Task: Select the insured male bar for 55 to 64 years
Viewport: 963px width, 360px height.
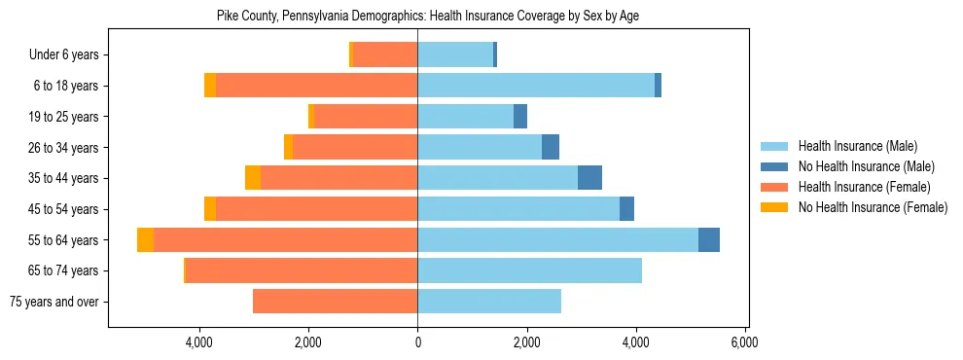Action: tap(557, 239)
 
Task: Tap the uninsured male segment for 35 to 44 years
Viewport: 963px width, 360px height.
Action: tap(589, 178)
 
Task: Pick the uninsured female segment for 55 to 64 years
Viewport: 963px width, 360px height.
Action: tap(145, 239)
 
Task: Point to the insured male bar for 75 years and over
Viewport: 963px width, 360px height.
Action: tap(489, 302)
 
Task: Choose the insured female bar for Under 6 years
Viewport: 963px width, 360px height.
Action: tap(385, 54)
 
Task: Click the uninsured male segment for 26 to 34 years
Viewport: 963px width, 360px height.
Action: tap(551, 147)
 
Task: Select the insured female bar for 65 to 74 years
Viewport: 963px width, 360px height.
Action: tap(302, 270)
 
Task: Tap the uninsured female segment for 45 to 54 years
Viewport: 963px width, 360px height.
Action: tap(210, 209)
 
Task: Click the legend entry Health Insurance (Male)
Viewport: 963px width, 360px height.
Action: tap(857, 146)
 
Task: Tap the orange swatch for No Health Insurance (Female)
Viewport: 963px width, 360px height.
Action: tap(774, 207)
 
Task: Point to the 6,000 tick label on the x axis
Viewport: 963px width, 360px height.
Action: tap(745, 342)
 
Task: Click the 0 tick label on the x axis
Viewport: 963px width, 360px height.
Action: tap(418, 342)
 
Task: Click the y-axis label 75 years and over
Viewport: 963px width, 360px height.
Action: tap(53, 302)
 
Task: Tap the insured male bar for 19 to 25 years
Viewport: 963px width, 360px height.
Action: tap(466, 117)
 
